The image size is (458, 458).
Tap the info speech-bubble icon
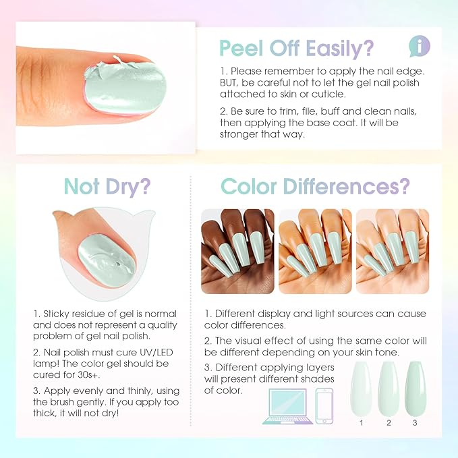420,46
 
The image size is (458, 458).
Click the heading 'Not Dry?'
107,186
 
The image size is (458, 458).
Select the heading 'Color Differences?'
315,186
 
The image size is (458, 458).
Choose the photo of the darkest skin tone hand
237,251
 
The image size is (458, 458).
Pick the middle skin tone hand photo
315,251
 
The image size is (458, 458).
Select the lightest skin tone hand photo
392,251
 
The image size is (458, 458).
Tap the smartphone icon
325,405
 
